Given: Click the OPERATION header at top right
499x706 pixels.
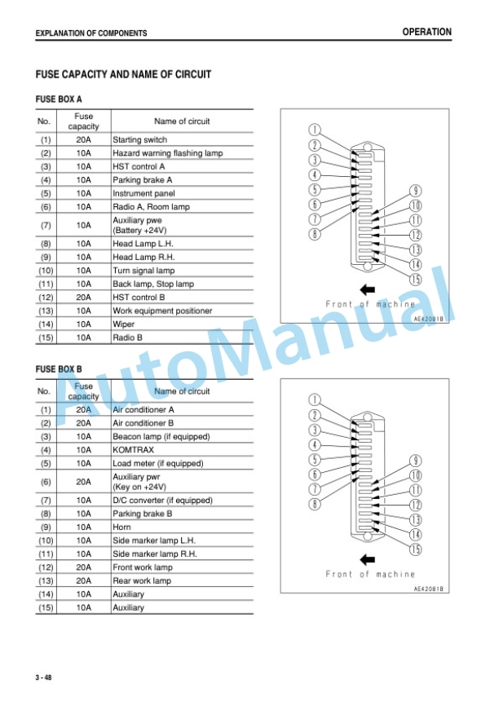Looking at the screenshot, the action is [426, 32].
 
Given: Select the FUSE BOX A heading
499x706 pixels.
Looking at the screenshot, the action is [59, 99].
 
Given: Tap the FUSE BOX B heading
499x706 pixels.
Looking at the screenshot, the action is [59, 369].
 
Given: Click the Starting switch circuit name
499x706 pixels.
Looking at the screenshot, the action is [139, 139].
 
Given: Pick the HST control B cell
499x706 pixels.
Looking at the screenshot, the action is [139, 298].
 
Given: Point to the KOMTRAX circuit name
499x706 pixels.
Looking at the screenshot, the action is [133, 450].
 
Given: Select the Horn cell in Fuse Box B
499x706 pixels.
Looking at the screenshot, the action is [121, 527].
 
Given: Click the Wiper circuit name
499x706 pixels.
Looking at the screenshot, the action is [123, 324].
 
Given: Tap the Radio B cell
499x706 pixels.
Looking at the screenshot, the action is [127, 338].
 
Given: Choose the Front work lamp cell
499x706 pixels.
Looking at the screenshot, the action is [143, 567].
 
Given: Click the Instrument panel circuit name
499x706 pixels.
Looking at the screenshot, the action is [144, 193].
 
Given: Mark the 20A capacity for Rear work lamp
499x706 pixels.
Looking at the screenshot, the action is [83, 580].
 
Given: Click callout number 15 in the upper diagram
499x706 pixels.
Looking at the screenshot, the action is [415, 279].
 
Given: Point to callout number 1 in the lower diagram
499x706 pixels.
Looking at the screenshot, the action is [315, 399].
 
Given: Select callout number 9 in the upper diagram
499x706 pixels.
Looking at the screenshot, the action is [415, 191].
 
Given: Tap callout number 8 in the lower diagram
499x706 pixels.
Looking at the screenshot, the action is [315, 504].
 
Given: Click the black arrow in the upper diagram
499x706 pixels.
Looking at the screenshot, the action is [368, 289].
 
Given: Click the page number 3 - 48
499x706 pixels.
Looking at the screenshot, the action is [44, 677].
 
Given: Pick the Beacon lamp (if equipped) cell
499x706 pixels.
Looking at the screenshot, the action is [161, 437].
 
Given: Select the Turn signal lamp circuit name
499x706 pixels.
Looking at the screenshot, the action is [144, 271].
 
